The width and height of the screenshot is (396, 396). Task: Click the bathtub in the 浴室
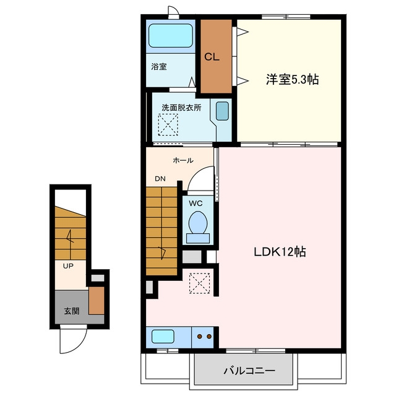171,36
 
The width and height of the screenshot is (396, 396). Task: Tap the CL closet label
212,57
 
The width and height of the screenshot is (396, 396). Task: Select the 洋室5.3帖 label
292,80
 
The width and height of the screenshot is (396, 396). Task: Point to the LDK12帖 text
280,252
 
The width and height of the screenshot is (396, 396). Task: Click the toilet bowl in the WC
198,222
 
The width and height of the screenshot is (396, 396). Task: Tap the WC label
196,204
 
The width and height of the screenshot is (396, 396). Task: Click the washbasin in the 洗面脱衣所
222,111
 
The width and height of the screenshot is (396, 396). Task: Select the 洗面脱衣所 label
181,108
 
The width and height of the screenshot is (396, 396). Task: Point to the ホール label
183,160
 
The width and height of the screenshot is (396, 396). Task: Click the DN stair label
160,179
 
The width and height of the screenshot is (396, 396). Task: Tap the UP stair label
68,266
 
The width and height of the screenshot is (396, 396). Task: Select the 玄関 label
72,311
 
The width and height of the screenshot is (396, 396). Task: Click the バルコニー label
249,371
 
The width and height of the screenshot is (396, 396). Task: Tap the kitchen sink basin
163,337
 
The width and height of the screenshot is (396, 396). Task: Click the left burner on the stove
200,337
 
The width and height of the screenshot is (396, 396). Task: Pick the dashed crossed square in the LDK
199,283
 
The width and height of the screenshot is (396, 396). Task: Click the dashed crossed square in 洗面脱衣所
168,124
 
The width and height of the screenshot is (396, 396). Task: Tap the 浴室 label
159,67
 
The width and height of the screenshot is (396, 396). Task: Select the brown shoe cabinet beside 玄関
97,301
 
